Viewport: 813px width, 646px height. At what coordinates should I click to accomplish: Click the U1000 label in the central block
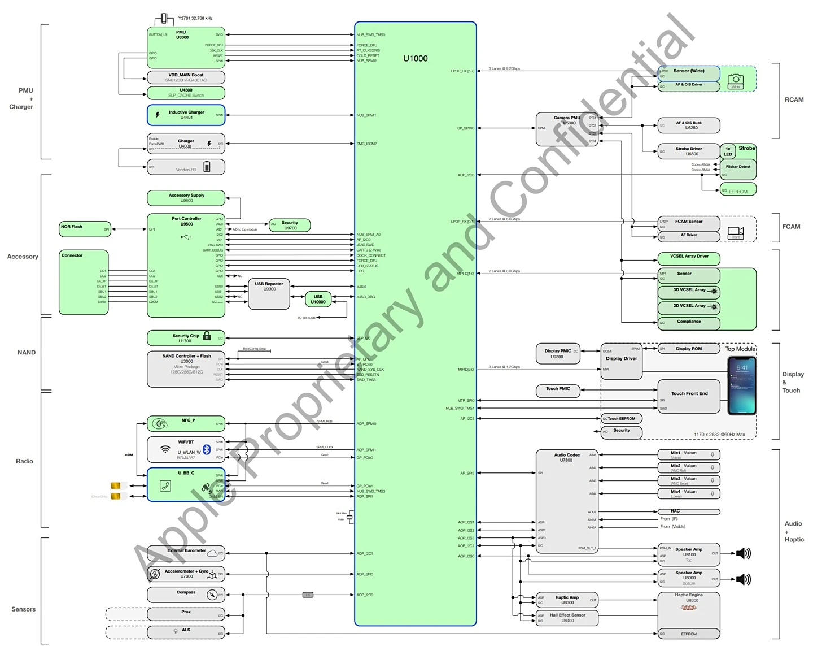click(x=415, y=58)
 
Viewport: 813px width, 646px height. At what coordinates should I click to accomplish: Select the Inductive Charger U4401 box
click(x=186, y=115)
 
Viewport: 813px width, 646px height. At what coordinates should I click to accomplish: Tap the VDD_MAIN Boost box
click(x=186, y=77)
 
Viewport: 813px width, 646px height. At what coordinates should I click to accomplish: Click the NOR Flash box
click(x=84, y=229)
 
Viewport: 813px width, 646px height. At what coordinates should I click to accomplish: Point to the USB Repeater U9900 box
click(x=269, y=294)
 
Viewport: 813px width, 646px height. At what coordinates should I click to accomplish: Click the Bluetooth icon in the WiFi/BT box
click(x=207, y=449)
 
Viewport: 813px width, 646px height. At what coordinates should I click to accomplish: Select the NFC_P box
click(x=186, y=423)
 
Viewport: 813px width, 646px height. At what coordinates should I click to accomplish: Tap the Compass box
click(x=186, y=595)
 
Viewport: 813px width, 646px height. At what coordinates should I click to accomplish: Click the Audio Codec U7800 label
click(x=566, y=457)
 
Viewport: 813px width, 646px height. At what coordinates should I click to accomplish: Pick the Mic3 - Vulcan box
click(x=688, y=480)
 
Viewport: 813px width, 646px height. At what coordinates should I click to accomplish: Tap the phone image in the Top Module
click(x=741, y=386)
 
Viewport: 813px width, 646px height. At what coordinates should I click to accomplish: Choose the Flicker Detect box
click(x=738, y=168)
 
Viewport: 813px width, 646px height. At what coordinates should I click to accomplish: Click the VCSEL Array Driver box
click(x=689, y=258)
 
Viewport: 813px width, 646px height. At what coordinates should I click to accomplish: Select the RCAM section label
click(x=794, y=99)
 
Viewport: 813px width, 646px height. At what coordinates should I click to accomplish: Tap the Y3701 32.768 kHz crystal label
click(x=195, y=18)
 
